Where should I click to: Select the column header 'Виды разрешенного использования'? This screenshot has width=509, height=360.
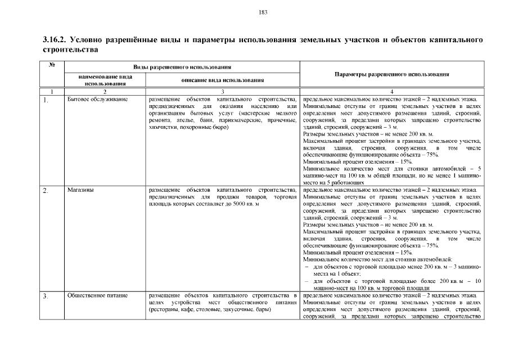coord(182,67)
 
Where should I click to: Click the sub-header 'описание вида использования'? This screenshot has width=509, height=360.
coord(222,80)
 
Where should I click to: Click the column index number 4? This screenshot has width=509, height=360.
coord(391,91)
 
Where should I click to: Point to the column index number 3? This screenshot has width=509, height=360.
coord(222,91)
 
